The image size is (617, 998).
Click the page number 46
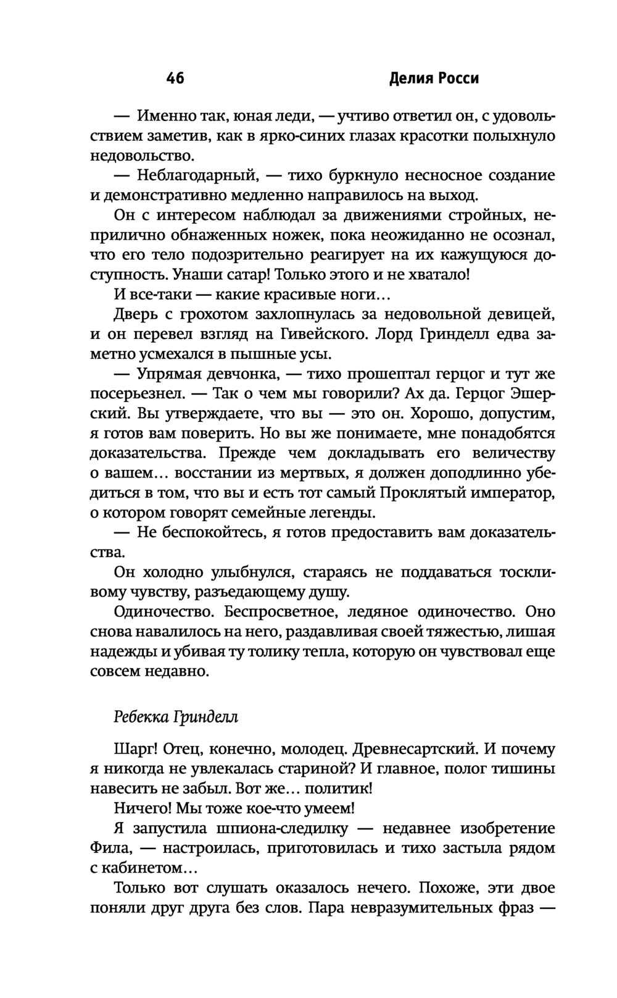click(x=175, y=79)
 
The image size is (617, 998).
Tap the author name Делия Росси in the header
click(x=435, y=79)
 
